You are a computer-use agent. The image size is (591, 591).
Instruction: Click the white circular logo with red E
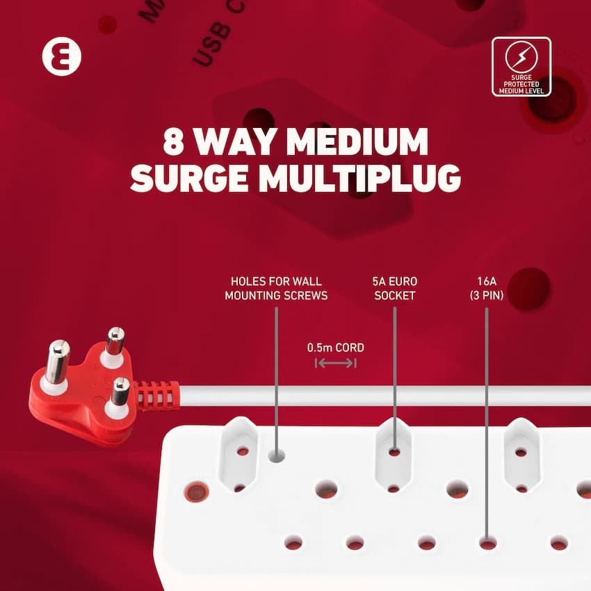pyautogui.click(x=61, y=56)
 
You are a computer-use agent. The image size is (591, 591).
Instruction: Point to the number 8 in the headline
pyautogui.click(x=173, y=142)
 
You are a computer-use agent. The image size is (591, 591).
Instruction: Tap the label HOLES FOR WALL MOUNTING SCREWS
pyautogui.click(x=276, y=289)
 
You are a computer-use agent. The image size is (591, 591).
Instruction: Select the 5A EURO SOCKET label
pyautogui.click(x=394, y=289)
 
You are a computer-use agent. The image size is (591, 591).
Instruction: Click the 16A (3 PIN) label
pyautogui.click(x=487, y=289)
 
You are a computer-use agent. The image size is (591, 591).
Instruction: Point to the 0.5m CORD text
pyautogui.click(x=336, y=348)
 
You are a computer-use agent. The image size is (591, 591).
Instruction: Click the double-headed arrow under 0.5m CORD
pyautogui.click(x=335, y=363)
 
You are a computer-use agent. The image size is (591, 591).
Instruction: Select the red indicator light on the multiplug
pyautogui.click(x=196, y=492)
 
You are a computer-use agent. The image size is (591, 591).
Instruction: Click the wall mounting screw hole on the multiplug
pyautogui.click(x=276, y=456)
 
